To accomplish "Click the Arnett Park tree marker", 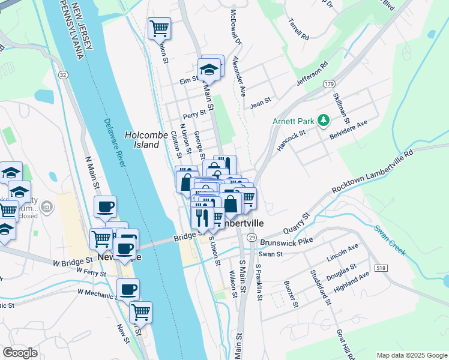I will point(324,120).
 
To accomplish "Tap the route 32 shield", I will point(62,74).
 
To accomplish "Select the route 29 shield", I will point(252,238).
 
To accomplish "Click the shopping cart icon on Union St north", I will point(159,27).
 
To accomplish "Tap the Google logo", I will point(20,353).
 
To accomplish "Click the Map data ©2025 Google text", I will point(411,355).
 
